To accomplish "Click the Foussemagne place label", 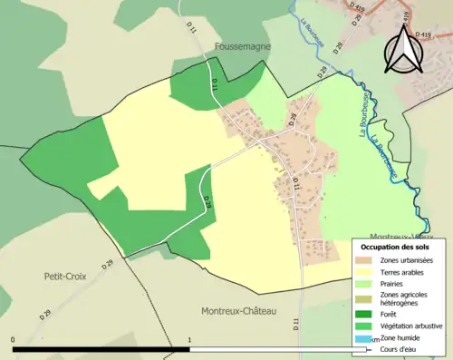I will (244, 44).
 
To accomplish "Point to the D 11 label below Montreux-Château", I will (296, 323).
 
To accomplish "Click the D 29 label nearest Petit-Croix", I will (108, 264).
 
